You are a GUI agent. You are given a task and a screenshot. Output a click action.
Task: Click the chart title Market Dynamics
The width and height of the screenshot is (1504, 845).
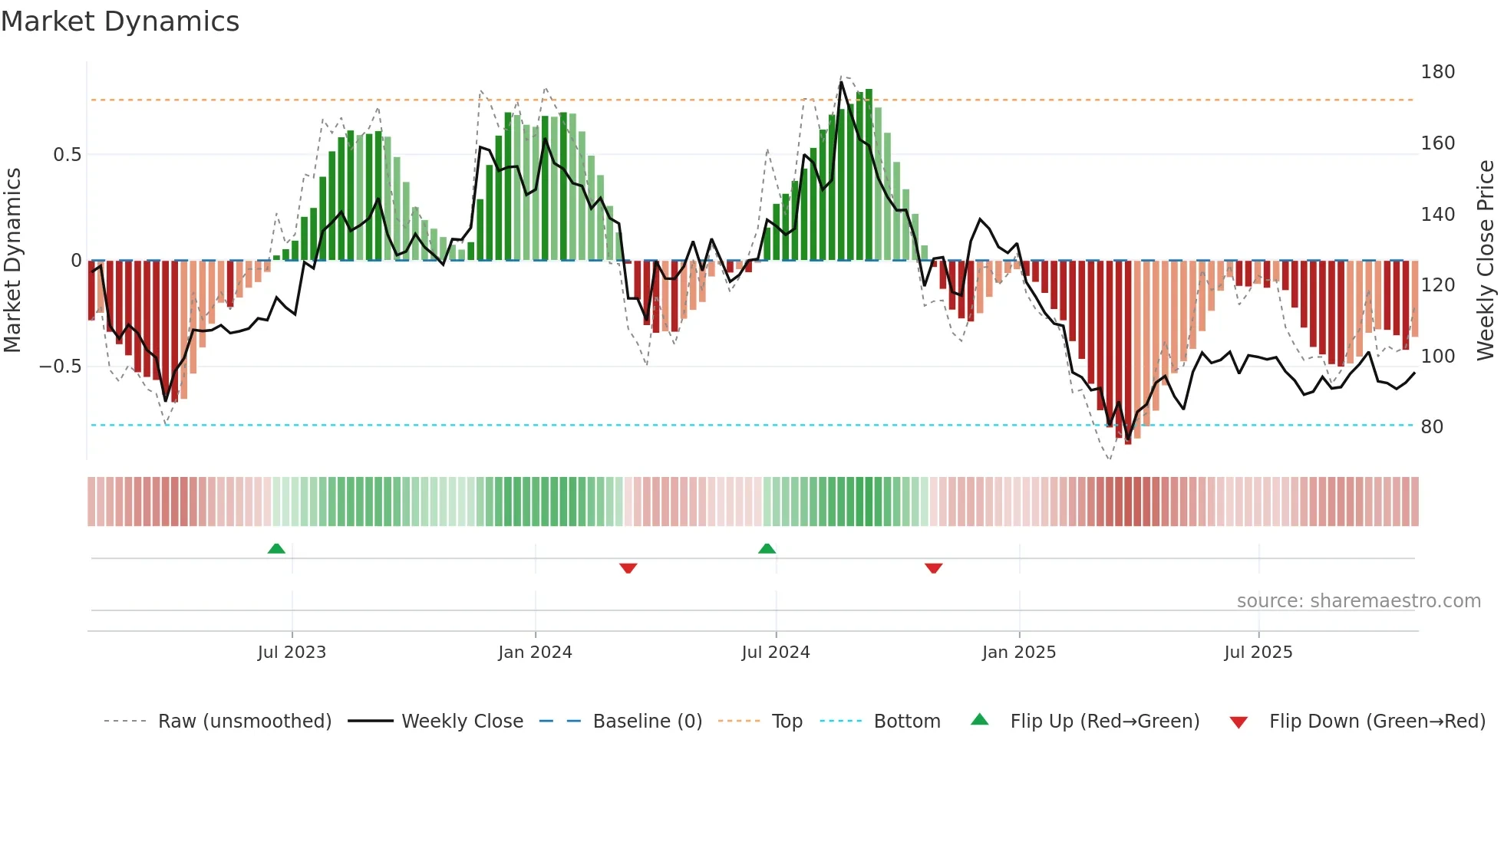click(120, 21)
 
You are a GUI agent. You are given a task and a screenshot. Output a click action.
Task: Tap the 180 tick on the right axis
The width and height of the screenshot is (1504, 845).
click(1437, 72)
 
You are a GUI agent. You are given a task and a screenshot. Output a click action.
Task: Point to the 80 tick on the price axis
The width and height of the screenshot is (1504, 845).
click(1432, 427)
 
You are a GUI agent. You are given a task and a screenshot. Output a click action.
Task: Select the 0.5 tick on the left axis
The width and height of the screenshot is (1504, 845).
click(67, 155)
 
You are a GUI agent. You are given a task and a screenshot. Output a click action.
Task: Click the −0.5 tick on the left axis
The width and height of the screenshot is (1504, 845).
click(61, 367)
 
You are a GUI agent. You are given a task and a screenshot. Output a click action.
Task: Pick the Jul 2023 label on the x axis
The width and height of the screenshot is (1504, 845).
click(292, 653)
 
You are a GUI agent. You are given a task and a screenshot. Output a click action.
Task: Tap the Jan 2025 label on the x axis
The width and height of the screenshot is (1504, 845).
click(1018, 653)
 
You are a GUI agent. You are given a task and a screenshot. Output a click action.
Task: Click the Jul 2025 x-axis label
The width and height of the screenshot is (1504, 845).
click(1258, 653)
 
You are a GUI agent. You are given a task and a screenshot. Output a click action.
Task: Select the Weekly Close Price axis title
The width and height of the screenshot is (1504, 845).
click(1486, 261)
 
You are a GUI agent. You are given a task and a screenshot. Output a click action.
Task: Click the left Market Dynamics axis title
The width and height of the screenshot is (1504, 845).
click(12, 261)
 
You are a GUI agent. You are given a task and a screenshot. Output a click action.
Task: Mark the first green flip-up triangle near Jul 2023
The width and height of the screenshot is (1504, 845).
click(276, 548)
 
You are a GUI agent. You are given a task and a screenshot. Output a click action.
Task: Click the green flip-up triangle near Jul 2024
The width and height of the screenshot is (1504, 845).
click(767, 548)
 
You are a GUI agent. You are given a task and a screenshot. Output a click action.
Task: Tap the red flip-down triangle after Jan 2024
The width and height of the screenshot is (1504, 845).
click(628, 568)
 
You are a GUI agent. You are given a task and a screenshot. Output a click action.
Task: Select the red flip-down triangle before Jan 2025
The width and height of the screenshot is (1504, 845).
click(933, 568)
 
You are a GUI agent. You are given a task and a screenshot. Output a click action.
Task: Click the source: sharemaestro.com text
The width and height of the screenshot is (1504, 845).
click(1358, 601)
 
